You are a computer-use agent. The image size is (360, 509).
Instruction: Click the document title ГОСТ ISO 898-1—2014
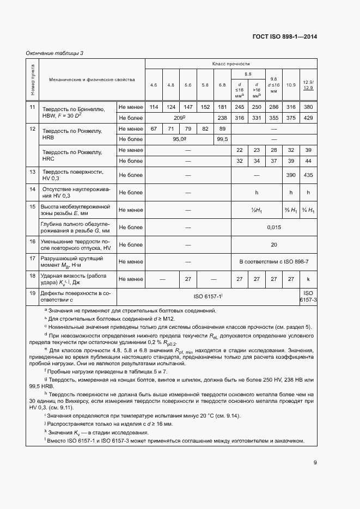click(285, 37)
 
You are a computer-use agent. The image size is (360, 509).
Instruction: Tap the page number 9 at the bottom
click(315, 463)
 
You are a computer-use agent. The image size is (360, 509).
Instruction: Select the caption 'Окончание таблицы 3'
click(54, 53)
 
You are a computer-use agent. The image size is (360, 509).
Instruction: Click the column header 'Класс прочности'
click(231, 64)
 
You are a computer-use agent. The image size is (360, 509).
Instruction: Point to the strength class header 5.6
click(188, 85)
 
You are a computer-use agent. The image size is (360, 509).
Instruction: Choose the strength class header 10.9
click(291, 85)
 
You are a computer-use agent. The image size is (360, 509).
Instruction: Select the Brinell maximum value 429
click(308, 118)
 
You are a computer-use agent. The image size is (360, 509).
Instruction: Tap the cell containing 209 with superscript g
click(179, 118)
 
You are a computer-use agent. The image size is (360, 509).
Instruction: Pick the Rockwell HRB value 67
click(154, 128)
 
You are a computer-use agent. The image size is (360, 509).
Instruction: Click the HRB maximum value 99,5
click(222, 139)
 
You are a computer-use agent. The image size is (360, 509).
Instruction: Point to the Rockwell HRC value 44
click(308, 161)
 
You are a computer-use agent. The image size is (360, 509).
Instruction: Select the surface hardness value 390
click(291, 175)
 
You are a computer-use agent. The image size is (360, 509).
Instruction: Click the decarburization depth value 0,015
click(274, 227)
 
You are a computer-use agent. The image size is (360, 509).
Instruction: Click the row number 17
click(32, 259)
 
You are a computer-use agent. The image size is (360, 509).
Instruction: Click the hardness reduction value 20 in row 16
click(274, 244)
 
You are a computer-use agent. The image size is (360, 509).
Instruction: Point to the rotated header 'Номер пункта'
click(32, 79)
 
